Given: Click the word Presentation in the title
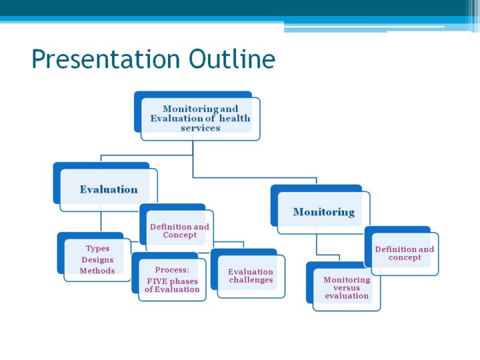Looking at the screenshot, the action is tap(105, 59).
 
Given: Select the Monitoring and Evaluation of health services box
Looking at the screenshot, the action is tap(197, 116).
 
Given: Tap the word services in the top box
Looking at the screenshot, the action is tap(200, 128).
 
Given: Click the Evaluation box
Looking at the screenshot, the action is tap(105, 187).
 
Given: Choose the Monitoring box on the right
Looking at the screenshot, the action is tap(320, 209).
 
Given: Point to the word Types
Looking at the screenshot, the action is tap(97, 248).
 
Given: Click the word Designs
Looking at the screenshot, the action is tap(97, 259).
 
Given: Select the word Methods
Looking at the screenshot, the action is tap(97, 271).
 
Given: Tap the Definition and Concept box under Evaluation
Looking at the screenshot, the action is tap(177, 227).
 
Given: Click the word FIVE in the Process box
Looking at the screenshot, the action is tap(157, 281).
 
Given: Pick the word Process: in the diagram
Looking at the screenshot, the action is tap(172, 270).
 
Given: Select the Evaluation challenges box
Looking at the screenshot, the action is tap(248, 273).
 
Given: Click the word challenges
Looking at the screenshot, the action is tap(251, 280).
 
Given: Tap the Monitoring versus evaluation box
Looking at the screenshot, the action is tap(343, 287).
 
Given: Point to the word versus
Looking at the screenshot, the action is tap(347, 288).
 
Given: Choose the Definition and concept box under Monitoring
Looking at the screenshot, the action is tap(401, 251).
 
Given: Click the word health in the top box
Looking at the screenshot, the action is tap(235, 118).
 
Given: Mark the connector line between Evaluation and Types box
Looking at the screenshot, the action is tap(101, 222).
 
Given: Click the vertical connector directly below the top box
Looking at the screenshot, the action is tap(193, 159).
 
